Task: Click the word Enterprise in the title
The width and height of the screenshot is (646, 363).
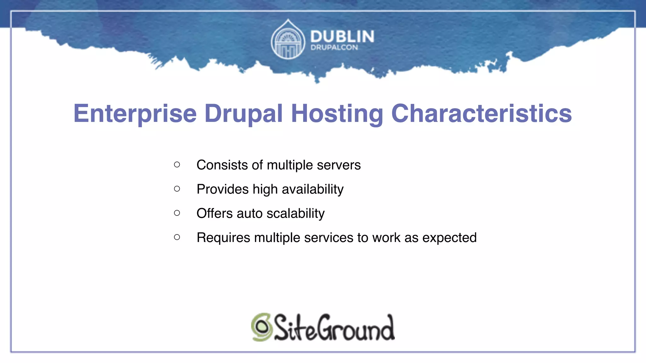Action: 135,114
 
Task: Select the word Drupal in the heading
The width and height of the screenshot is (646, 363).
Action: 244,114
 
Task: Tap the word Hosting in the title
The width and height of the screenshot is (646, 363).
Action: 337,114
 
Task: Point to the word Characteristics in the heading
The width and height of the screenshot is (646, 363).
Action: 481,114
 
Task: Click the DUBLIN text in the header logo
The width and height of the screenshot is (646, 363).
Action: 342,37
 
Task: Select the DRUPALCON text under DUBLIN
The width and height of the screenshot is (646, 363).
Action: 334,48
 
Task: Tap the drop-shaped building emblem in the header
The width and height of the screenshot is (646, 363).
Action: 288,40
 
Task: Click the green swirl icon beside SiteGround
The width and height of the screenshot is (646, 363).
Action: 261,327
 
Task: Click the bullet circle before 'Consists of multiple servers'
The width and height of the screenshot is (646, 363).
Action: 177,164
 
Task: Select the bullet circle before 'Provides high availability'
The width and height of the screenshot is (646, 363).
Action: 177,189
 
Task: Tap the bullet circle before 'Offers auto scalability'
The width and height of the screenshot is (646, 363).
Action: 177,213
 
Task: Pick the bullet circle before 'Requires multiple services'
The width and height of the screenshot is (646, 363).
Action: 177,237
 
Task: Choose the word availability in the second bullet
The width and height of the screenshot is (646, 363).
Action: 313,189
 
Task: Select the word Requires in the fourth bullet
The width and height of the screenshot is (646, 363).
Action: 223,238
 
